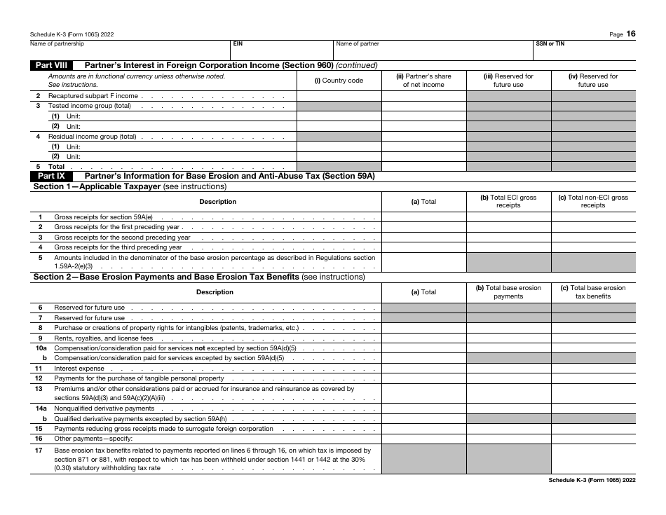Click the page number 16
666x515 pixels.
coord(632,34)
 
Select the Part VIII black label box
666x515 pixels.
coord(51,65)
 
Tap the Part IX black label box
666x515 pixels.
coord(51,176)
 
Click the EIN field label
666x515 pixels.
coord(238,43)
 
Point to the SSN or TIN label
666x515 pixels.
coord(550,43)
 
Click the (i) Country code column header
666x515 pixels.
coord(339,81)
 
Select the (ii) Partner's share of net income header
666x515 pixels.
coord(423,81)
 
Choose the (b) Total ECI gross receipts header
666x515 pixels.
coord(508,201)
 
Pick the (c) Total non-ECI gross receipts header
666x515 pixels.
coord(593,201)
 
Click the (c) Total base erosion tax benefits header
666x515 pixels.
coord(593,291)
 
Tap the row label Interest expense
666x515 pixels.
coord(79,369)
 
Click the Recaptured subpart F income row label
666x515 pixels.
coord(93,96)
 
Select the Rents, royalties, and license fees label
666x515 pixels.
coord(103,338)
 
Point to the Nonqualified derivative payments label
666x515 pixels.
coord(104,408)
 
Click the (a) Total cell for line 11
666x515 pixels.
coord(423,369)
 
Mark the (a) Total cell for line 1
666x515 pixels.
coord(423,217)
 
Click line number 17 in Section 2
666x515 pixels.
coord(40,451)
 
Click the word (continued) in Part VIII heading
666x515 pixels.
coord(357,65)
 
